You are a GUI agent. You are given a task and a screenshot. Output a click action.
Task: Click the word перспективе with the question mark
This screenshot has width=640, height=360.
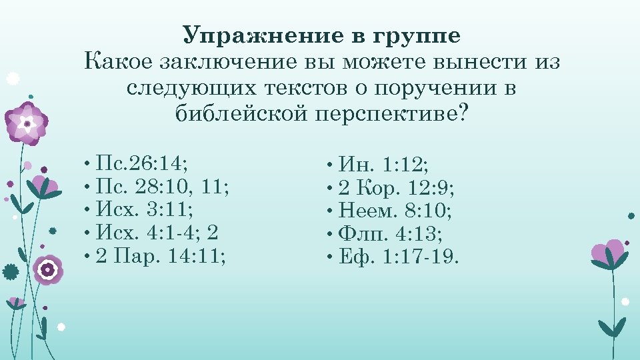click(x=391, y=114)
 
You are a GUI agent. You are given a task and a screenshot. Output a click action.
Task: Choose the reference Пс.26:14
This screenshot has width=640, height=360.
click(x=141, y=163)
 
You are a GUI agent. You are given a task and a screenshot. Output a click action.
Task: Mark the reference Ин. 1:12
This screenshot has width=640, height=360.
click(x=383, y=164)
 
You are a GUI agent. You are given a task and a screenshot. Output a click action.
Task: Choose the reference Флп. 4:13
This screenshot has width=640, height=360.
click(x=391, y=233)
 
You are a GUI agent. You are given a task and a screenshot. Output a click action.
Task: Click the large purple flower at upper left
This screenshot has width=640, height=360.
click(x=27, y=123)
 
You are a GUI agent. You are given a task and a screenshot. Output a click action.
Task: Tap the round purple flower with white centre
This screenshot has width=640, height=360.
click(x=47, y=270)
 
